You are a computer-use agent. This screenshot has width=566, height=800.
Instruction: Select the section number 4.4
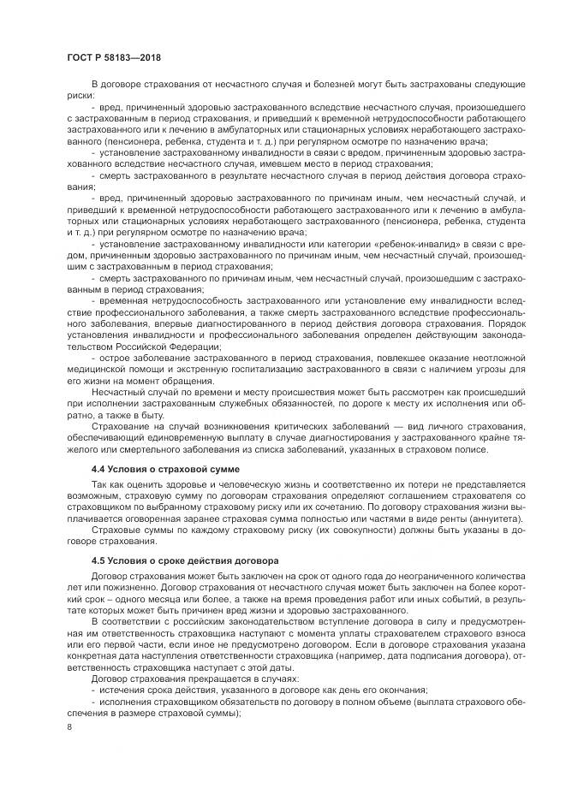click(x=99, y=471)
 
